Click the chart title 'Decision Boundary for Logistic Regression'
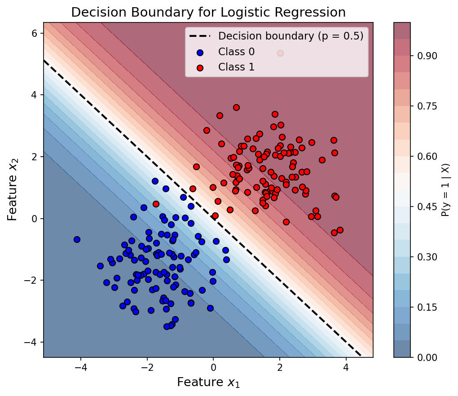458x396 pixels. pyautogui.click(x=208, y=12)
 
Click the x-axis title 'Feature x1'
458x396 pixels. pyautogui.click(x=208, y=383)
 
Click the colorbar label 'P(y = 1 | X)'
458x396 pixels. pyautogui.click(x=445, y=190)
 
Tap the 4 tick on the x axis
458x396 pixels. pyautogui.click(x=346, y=367)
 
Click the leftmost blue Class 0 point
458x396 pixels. pyautogui.click(x=77, y=239)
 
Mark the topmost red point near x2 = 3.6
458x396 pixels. pyautogui.click(x=236, y=107)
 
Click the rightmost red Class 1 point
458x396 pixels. pyautogui.click(x=340, y=230)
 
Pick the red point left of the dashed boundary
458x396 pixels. pyautogui.click(x=156, y=204)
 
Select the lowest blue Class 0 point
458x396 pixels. pyautogui.click(x=167, y=326)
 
